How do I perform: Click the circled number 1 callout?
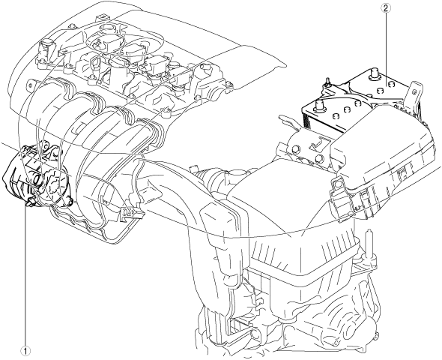[x=26, y=351]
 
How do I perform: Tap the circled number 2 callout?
[x=386, y=8]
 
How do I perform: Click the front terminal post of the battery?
[x=319, y=106]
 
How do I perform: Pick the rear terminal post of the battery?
[x=374, y=73]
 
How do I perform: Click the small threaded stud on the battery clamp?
[x=327, y=82]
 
